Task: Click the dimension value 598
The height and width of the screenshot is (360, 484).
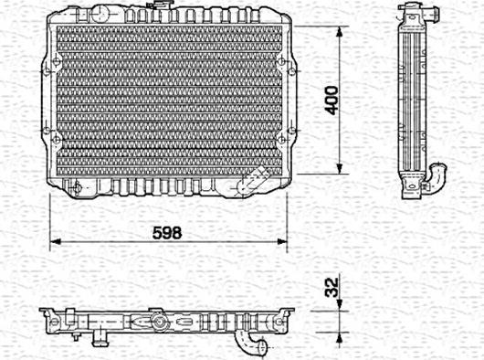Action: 167,232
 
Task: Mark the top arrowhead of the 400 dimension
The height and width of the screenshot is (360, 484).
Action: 342,30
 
